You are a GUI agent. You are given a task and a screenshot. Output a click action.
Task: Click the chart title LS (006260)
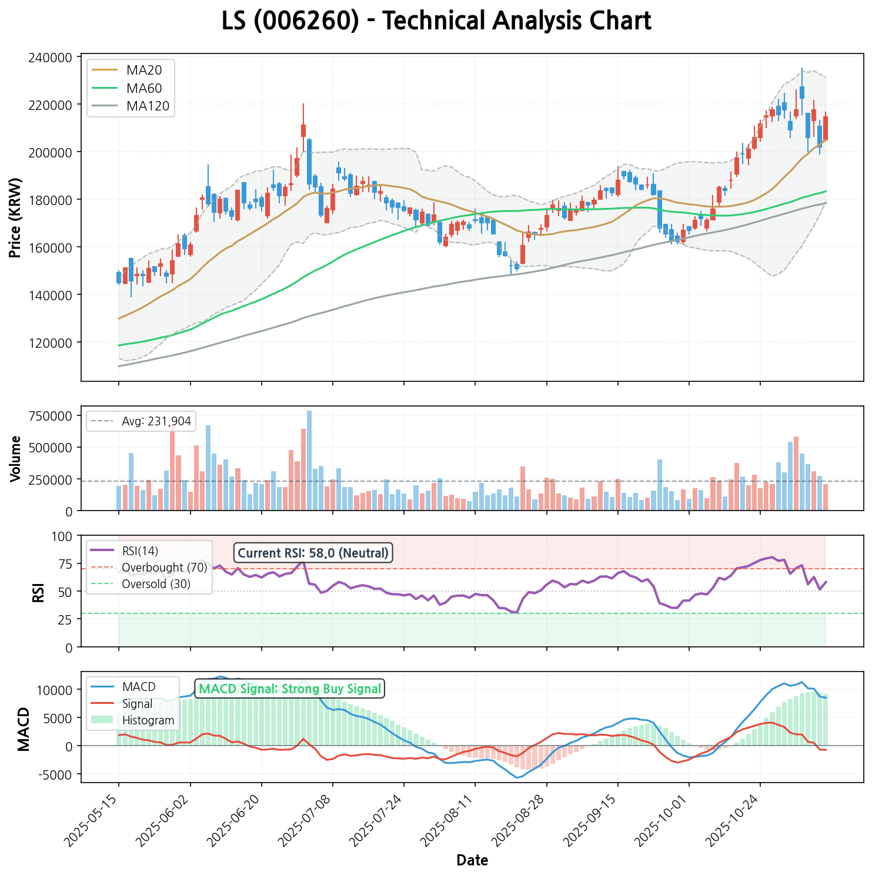(x=436, y=22)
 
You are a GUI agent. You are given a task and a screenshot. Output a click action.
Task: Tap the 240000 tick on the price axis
(x=54, y=58)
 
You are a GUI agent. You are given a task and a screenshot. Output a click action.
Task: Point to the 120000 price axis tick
(x=54, y=343)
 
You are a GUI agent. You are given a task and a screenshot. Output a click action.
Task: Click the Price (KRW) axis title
(x=15, y=217)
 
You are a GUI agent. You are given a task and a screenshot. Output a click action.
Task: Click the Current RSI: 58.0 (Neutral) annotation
(x=313, y=553)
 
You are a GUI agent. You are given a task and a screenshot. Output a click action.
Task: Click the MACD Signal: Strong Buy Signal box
(x=290, y=689)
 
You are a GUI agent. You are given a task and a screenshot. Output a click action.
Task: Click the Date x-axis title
(x=472, y=861)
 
